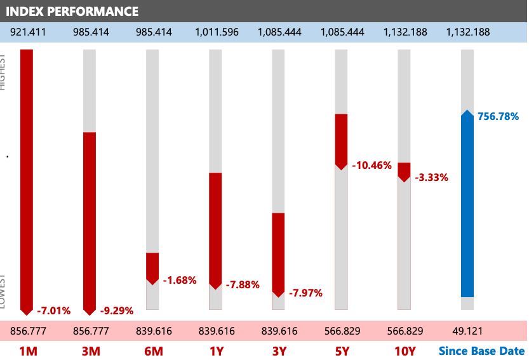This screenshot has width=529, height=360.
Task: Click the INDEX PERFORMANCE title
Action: [x=72, y=11]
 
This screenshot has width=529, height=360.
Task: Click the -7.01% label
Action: [x=54, y=310]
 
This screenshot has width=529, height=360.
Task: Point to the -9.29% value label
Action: [x=117, y=310]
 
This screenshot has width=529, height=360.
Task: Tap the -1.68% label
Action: [x=180, y=280]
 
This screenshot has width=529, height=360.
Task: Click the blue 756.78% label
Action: [x=499, y=116]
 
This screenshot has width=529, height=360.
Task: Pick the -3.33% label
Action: [x=432, y=177]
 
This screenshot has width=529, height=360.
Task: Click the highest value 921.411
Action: [x=27, y=32]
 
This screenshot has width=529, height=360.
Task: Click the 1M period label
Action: [x=27, y=350]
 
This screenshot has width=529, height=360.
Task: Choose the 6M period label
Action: [x=152, y=350]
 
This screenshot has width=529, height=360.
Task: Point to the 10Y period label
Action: [x=405, y=350]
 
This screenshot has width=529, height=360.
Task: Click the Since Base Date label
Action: [x=483, y=350]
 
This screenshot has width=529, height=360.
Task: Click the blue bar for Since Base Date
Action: [x=467, y=203]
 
